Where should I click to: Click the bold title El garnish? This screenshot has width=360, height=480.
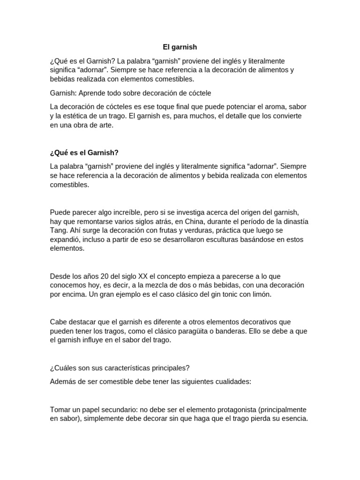(180, 47)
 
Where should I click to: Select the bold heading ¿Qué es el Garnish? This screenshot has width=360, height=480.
(84, 153)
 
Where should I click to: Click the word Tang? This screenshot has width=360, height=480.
(59, 231)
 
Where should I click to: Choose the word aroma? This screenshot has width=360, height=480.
(269, 107)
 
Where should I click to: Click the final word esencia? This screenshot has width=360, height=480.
(293, 418)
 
